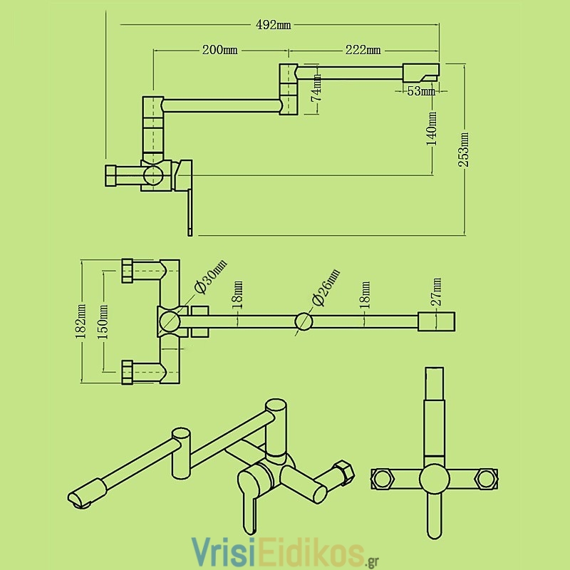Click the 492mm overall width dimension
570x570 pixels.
click(x=274, y=25)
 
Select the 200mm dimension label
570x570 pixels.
click(x=220, y=50)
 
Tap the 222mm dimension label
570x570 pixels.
click(x=363, y=50)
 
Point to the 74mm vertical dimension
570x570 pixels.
click(x=316, y=88)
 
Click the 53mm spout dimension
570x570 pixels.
click(x=421, y=91)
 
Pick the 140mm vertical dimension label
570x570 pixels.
click(x=432, y=128)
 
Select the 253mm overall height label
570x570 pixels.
click(x=464, y=150)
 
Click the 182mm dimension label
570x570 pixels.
click(x=81, y=321)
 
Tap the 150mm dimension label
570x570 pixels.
click(x=103, y=322)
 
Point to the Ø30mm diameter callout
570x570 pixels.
click(x=210, y=276)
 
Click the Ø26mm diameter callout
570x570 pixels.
click(x=326, y=287)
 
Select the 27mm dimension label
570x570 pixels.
click(x=436, y=291)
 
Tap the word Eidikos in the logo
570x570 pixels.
click(x=312, y=551)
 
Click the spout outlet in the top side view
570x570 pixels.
click(x=421, y=73)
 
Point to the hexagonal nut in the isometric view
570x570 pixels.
click(x=343, y=473)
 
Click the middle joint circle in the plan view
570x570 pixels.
click(x=304, y=321)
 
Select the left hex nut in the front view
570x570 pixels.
click(x=382, y=478)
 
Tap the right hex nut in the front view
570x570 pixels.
click(x=487, y=478)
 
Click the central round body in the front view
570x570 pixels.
click(x=435, y=479)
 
